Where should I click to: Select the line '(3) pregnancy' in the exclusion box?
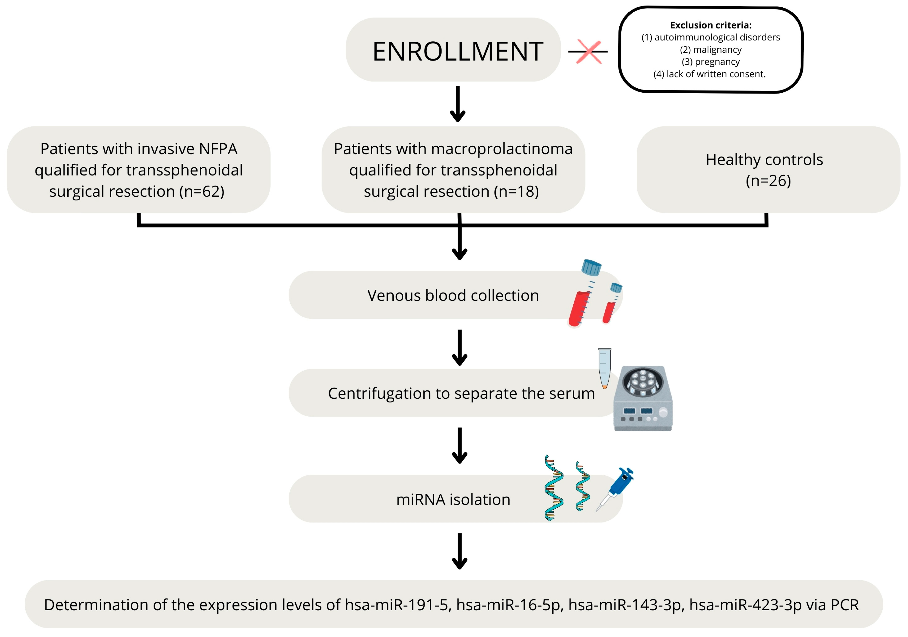coord(711,62)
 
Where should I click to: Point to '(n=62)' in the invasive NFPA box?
coord(202,192)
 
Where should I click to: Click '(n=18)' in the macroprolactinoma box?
coord(516,192)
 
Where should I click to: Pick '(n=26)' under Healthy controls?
coord(768,181)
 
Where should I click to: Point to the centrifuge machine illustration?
coord(643,399)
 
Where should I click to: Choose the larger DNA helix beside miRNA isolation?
coord(554,488)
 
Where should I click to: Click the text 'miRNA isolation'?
coord(453,500)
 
